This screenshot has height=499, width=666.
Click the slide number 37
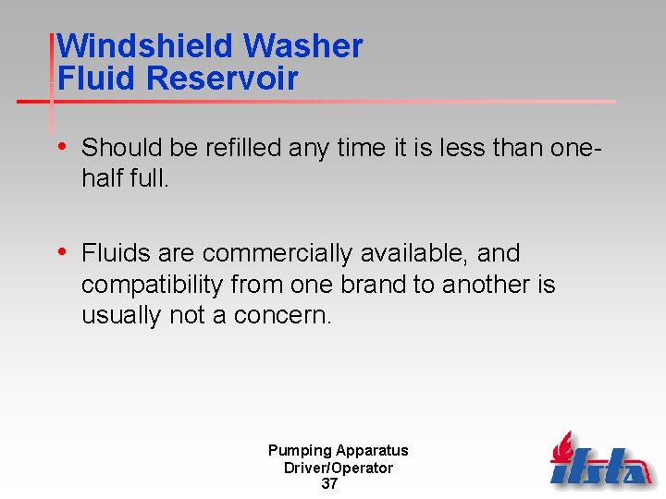click(x=329, y=484)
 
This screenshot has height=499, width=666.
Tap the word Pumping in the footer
click(x=300, y=451)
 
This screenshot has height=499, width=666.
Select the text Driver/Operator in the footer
click(x=338, y=468)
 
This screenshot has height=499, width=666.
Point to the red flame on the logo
click(x=565, y=447)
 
